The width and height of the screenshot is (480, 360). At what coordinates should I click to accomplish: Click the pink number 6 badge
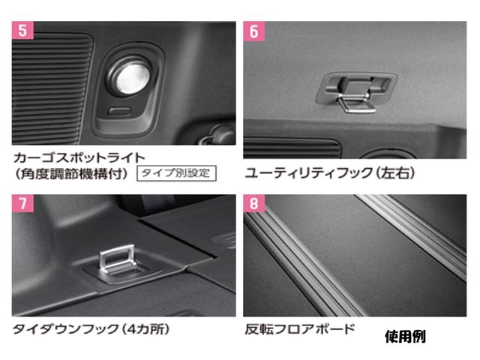click(253, 31)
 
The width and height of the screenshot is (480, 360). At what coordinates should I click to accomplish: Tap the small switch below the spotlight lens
click(118, 111)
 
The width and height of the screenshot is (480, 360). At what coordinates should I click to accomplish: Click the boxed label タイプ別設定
click(175, 172)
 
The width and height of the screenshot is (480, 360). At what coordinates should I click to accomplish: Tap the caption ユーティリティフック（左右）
click(330, 173)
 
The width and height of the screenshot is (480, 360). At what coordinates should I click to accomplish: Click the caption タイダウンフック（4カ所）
click(86, 329)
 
